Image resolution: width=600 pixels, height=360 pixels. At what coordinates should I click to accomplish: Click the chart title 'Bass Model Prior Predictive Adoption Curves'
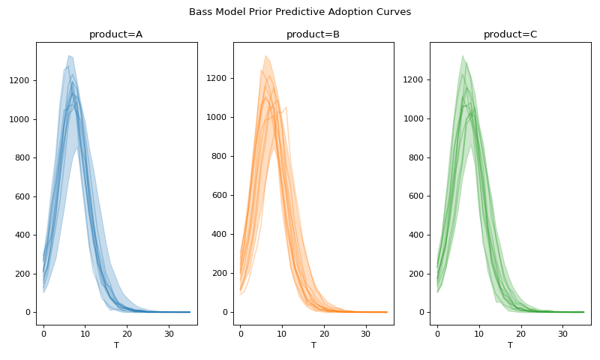coord(300,12)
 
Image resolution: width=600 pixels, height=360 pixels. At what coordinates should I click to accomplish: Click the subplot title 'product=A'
coord(116,34)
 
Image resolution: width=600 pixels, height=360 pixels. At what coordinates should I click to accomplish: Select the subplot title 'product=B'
coord(313,34)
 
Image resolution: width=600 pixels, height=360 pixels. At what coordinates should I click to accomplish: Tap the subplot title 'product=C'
coord(510,34)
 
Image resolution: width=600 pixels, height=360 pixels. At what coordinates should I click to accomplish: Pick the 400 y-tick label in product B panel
coord(221,235)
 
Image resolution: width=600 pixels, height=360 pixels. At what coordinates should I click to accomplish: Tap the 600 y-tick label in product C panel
coord(418,196)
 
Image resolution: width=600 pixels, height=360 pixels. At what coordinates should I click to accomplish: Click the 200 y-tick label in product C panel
coord(418,274)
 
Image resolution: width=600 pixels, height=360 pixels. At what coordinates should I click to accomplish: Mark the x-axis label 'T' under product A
coord(116,345)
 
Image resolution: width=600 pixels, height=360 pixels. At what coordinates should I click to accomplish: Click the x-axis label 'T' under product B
coord(313,345)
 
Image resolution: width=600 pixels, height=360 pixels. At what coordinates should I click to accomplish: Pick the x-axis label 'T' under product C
coord(510,345)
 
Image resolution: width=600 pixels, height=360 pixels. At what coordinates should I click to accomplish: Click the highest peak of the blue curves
coord(68,55)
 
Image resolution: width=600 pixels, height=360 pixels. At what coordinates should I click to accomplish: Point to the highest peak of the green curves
coord(463,55)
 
